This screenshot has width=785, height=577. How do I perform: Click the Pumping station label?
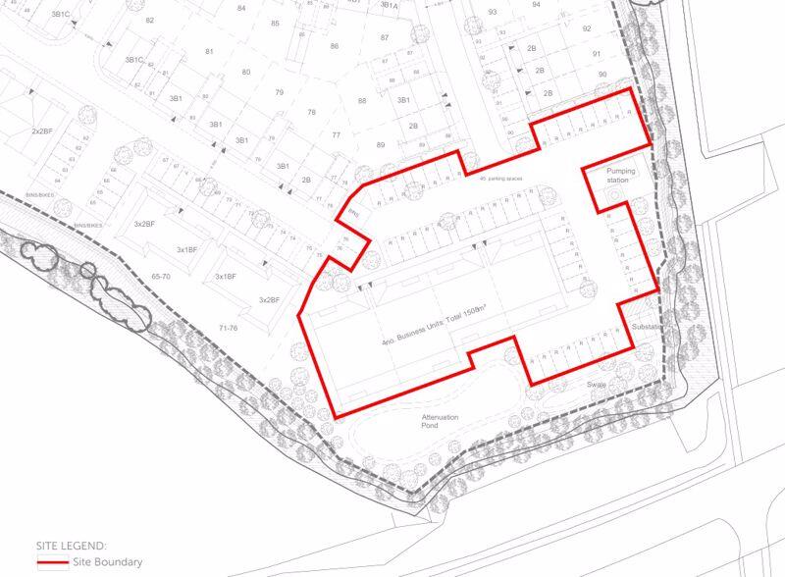click(x=621, y=176)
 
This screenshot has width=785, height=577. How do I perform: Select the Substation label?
click(x=649, y=326)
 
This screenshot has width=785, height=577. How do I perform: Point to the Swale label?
click(x=598, y=384)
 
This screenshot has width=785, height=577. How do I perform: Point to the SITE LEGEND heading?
click(x=72, y=545)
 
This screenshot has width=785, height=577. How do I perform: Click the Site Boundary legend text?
click(x=107, y=562)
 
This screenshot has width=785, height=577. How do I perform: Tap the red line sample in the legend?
click(x=51, y=563)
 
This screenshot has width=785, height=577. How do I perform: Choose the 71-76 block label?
click(x=228, y=327)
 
